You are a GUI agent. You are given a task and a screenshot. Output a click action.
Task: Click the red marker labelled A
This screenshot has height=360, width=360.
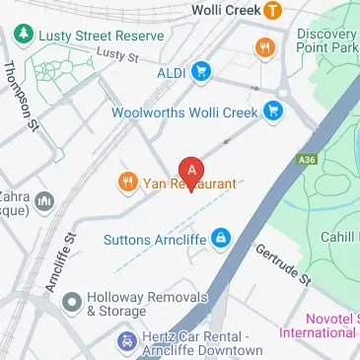pyautogui.click(x=190, y=170)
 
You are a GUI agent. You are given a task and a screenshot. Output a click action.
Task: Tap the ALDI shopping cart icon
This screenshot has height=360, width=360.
pyautogui.click(x=202, y=71)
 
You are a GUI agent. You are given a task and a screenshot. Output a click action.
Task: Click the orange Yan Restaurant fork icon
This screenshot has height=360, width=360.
pyautogui.click(x=127, y=182)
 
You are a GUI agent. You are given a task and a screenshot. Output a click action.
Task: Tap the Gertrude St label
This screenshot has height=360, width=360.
pyautogui.click(x=284, y=264)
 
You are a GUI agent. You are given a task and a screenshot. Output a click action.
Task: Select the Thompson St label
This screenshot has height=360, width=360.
pyautogui.click(x=20, y=97)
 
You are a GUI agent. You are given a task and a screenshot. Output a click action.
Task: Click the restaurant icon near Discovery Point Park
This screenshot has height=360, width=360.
pyautogui.click(x=264, y=46)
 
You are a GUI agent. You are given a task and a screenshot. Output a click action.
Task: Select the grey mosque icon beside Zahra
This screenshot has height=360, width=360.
pyautogui.click(x=43, y=202)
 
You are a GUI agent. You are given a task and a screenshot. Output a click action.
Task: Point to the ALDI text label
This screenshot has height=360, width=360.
pyautogui.click(x=171, y=72)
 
